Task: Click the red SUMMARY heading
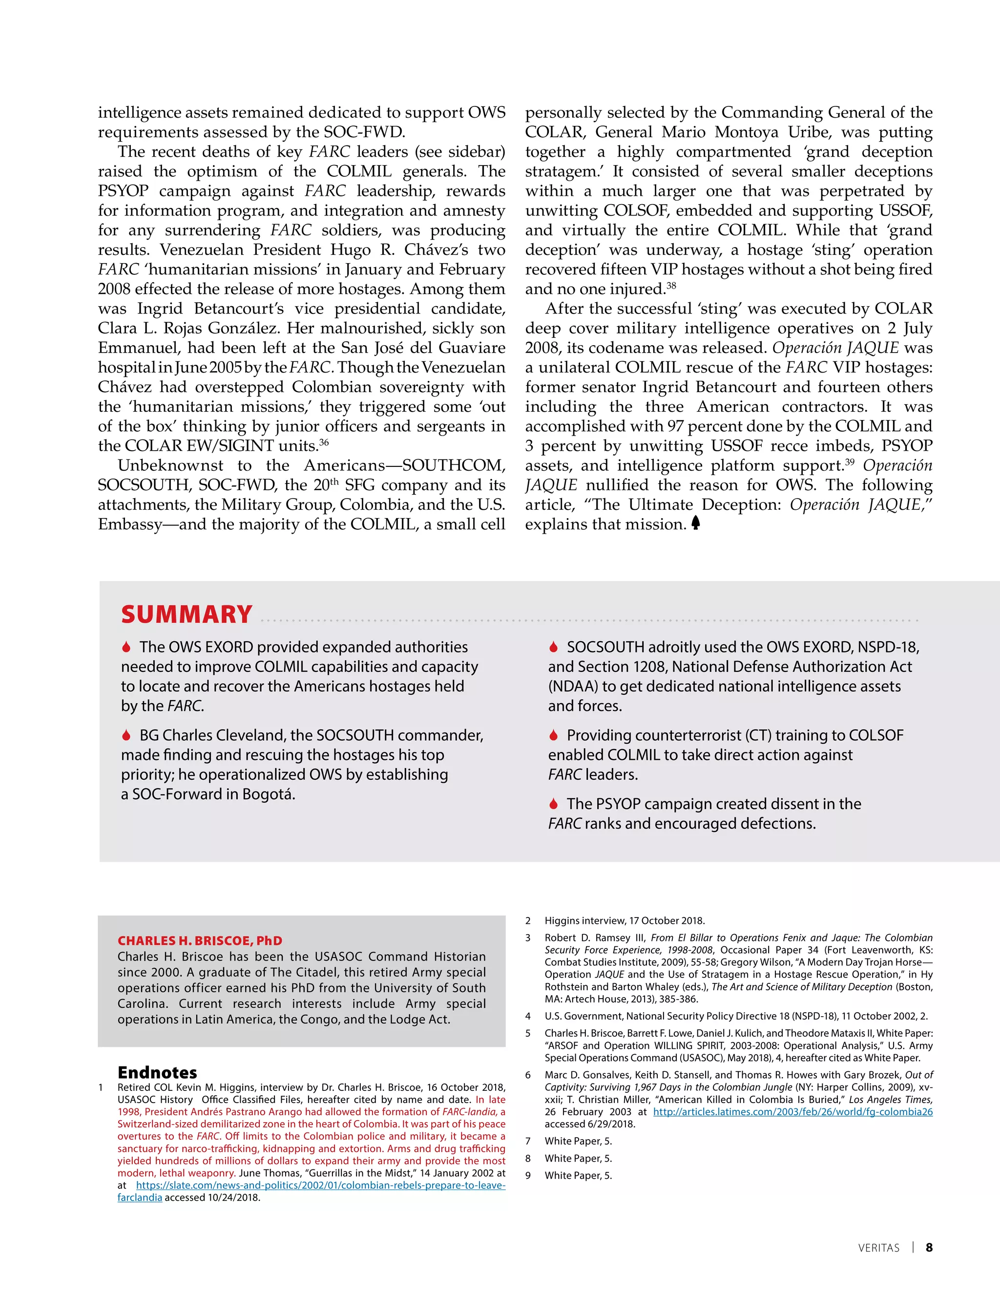[x=187, y=614]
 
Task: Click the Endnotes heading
[x=157, y=1072]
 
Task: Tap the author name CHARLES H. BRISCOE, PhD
[x=200, y=941]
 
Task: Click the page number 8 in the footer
[x=929, y=1247]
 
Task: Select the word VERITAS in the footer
[x=878, y=1248]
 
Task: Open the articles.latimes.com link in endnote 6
[x=792, y=1112]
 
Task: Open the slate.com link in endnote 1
[x=320, y=1185]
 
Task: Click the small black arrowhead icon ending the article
[x=695, y=522]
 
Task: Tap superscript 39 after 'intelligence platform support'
[x=850, y=461]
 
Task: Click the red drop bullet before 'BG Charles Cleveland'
[x=126, y=735]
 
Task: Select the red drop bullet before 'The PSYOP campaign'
[x=553, y=804]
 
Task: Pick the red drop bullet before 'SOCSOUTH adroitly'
[x=553, y=647]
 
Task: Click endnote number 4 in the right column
[x=528, y=1016]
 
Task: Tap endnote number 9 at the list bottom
[x=528, y=1175]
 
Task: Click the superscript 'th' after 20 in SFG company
[x=334, y=481]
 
